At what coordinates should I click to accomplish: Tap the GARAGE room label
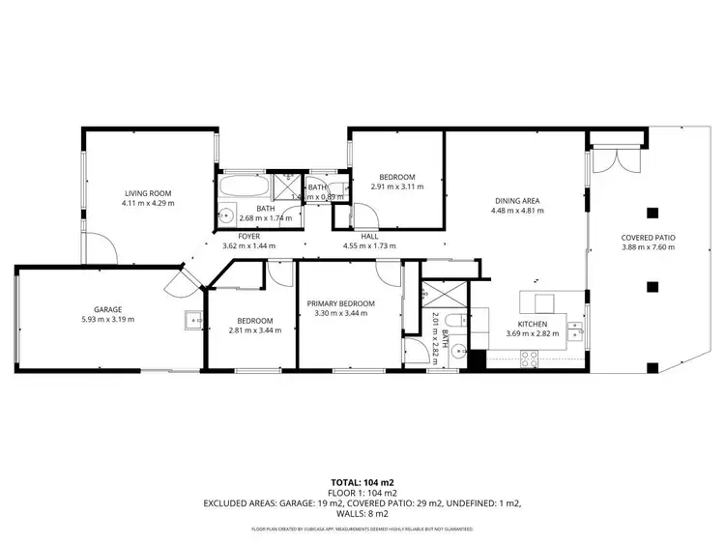point(108,309)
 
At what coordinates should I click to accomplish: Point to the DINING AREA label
point(514,201)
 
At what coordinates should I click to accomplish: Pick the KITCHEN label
point(533,324)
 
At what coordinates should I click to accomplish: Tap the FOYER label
point(248,236)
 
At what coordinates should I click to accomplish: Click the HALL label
point(369,236)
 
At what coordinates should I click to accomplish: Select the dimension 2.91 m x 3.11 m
point(396,186)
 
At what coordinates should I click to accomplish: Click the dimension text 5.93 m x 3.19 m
point(108,319)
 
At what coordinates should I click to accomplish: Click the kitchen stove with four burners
point(529,358)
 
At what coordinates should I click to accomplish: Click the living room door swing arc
point(100,249)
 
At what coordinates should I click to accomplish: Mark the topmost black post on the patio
point(652,213)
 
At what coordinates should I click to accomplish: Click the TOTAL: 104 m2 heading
point(362,482)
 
